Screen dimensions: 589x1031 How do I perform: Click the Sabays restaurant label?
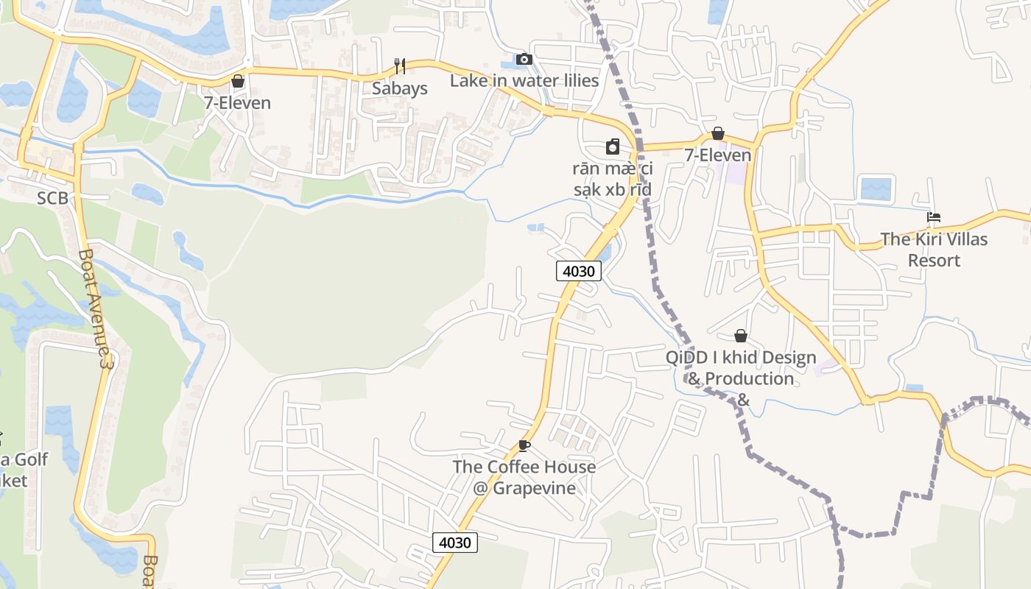pyautogui.click(x=399, y=88)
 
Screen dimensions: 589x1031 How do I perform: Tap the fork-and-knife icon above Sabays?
pyautogui.click(x=399, y=66)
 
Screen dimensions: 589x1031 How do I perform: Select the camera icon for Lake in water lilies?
pyautogui.click(x=524, y=59)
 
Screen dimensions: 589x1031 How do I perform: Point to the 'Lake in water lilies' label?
pyautogui.click(x=524, y=80)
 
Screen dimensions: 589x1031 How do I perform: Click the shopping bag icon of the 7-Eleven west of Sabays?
pyautogui.click(x=238, y=81)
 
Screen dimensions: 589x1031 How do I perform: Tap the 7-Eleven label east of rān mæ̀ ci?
pyautogui.click(x=718, y=155)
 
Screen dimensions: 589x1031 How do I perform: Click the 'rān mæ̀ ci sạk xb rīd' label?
pyautogui.click(x=613, y=179)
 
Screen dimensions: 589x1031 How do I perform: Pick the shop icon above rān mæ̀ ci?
pyautogui.click(x=613, y=147)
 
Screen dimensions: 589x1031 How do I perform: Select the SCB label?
pyautogui.click(x=52, y=198)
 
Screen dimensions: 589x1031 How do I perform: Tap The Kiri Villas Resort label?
pyautogui.click(x=934, y=250)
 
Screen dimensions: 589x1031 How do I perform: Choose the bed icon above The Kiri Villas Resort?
pyautogui.click(x=934, y=217)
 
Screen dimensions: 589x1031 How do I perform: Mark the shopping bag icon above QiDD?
pyautogui.click(x=741, y=336)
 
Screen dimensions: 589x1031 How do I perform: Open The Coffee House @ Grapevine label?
pyautogui.click(x=524, y=477)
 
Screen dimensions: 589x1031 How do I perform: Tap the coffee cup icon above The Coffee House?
pyautogui.click(x=524, y=445)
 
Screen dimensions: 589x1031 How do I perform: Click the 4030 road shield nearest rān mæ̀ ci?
pyautogui.click(x=579, y=271)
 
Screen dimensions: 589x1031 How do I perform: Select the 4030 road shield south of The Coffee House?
pyautogui.click(x=455, y=543)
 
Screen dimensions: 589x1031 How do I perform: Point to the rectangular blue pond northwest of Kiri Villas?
pyautogui.click(x=876, y=188)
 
